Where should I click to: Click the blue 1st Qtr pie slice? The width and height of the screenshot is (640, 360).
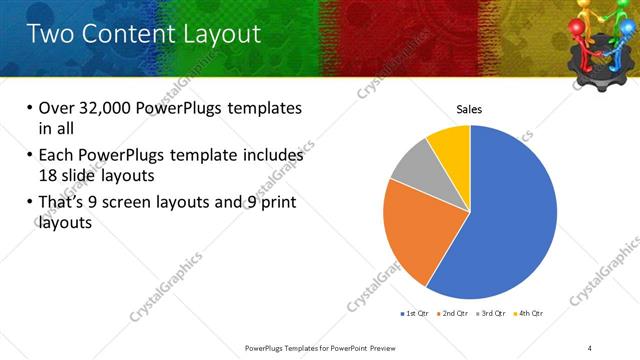coord(505,220)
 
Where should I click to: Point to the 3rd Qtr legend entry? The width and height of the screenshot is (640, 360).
coord(493,314)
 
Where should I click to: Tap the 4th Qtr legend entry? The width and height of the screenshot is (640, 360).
coord(530,314)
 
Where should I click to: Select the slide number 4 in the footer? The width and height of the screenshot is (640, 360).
coord(590,347)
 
